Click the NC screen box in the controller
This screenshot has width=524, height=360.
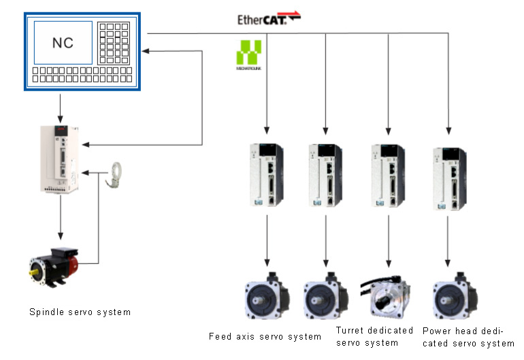63,43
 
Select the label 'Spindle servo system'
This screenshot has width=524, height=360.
80,312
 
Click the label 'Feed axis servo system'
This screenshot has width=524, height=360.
265,336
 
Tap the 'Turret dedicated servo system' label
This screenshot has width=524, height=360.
374,336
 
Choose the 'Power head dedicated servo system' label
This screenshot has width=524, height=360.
468,337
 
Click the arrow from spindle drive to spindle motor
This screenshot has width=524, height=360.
61,218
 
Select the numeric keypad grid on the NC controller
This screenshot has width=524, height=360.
114,42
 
